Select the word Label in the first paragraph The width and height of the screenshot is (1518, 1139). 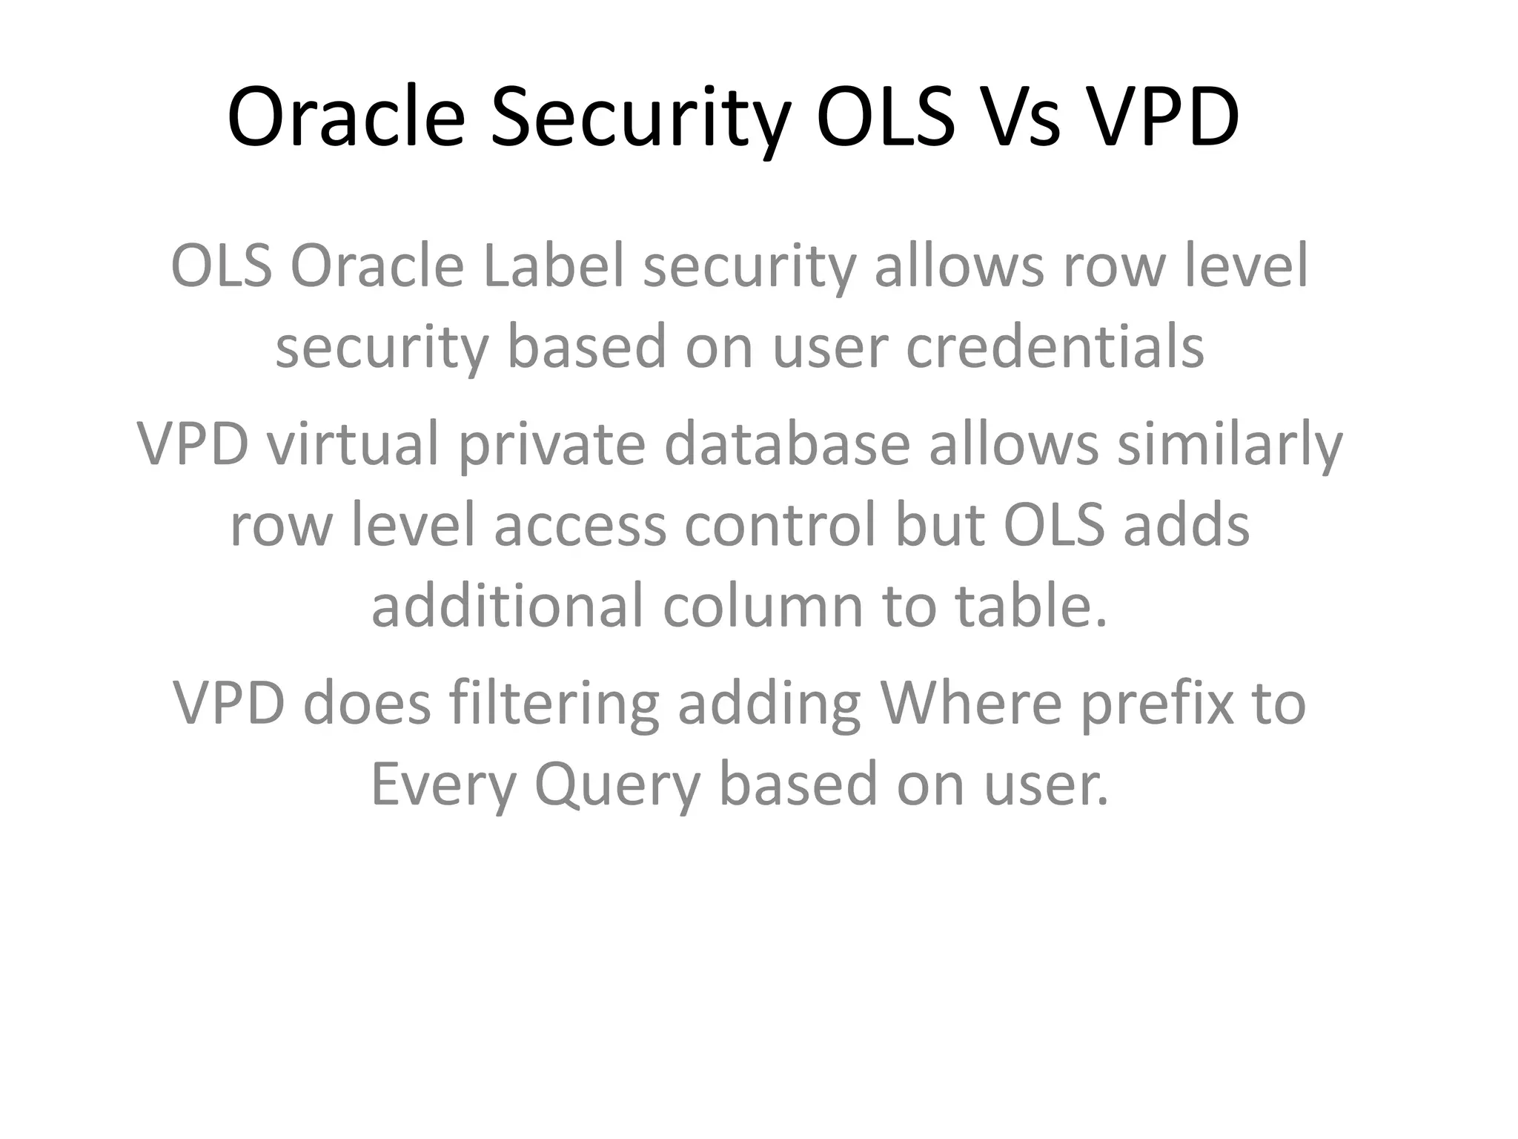[x=554, y=266]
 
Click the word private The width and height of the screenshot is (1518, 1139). [x=551, y=444]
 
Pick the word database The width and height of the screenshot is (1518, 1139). [x=786, y=444]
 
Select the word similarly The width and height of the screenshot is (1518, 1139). [x=1230, y=444]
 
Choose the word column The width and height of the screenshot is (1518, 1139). [x=763, y=606]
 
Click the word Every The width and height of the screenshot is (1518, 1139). [x=443, y=784]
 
